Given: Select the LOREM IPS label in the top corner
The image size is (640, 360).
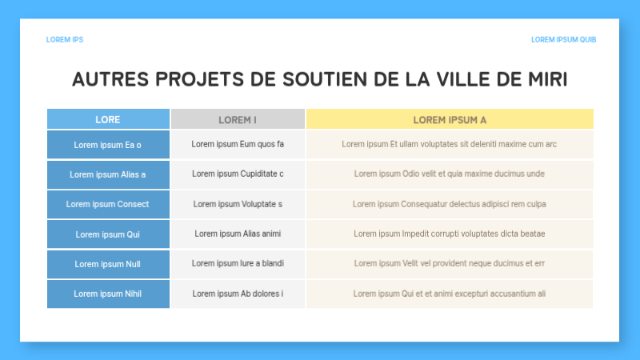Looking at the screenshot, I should (65, 39).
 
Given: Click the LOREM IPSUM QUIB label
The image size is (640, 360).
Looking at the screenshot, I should (563, 39).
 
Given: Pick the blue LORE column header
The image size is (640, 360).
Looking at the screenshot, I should (108, 119).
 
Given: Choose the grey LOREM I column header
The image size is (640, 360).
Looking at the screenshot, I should (238, 119).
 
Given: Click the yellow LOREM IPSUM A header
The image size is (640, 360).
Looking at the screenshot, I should (450, 119).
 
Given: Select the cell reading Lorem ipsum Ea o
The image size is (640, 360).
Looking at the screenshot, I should (108, 145).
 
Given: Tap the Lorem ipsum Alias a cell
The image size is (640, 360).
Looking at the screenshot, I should (108, 174).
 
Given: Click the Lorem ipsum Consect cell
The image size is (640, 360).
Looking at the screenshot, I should (108, 204).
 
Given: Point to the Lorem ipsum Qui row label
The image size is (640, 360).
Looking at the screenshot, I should (108, 234).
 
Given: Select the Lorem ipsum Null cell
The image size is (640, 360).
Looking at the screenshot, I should (108, 263).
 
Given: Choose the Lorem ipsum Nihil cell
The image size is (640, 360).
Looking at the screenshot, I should (108, 294).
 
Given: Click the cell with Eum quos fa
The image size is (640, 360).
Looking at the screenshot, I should (238, 145).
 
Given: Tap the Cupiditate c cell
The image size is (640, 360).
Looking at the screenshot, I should (238, 174).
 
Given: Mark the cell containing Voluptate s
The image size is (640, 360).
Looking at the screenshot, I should (238, 204).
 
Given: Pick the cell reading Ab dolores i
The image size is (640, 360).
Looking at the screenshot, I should (238, 294).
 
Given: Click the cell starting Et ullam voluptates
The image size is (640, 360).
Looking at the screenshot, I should (450, 145).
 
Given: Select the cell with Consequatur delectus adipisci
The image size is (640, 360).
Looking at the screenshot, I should (450, 204).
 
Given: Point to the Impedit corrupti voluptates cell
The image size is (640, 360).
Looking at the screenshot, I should (450, 234).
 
